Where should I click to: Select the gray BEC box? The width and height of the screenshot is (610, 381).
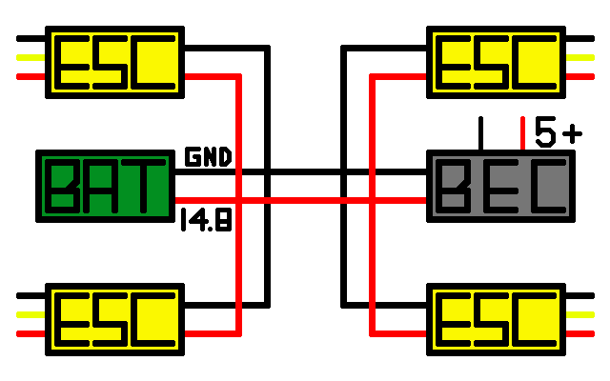(501, 186)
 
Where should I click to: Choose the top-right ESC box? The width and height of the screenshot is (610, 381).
(497, 60)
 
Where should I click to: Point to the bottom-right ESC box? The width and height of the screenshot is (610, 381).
(497, 316)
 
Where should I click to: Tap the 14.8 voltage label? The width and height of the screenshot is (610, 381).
(206, 221)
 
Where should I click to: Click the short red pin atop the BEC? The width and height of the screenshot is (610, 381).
(522, 132)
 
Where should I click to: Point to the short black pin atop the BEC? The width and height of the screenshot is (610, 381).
(481, 132)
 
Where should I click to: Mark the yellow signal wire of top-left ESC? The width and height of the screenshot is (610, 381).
(31, 57)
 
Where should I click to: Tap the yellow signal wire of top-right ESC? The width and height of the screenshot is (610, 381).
(579, 57)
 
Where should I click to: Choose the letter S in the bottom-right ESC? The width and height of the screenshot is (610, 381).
(497, 316)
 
